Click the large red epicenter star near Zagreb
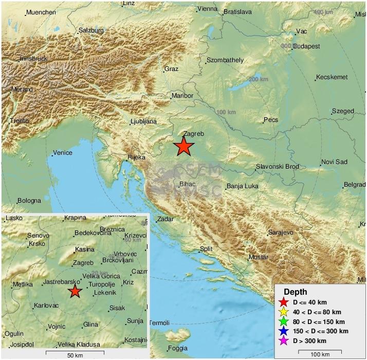coord(183,147)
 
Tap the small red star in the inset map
coord(75,292)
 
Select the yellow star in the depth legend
coord(282,312)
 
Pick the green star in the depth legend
coord(282,321)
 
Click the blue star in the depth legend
coord(282,331)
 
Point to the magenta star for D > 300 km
coord(282,341)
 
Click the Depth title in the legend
coord(295,292)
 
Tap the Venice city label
coord(63,153)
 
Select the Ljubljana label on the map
coord(143,122)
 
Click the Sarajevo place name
coord(281,232)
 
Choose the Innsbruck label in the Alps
coord(34,59)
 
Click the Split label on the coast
coord(206,249)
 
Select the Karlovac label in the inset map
coord(46,305)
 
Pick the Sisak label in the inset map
coord(116,309)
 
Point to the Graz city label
coord(171,68)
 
